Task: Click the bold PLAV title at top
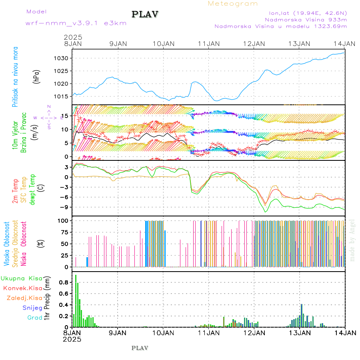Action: point(146,14)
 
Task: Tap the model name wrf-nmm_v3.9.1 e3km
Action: point(76,23)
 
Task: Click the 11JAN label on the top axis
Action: point(208,44)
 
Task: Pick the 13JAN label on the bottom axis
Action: point(299,332)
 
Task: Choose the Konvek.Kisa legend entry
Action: point(23,288)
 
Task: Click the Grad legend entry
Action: point(35,318)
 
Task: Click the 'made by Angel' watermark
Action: point(352,240)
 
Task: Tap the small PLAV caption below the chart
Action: point(140,348)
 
